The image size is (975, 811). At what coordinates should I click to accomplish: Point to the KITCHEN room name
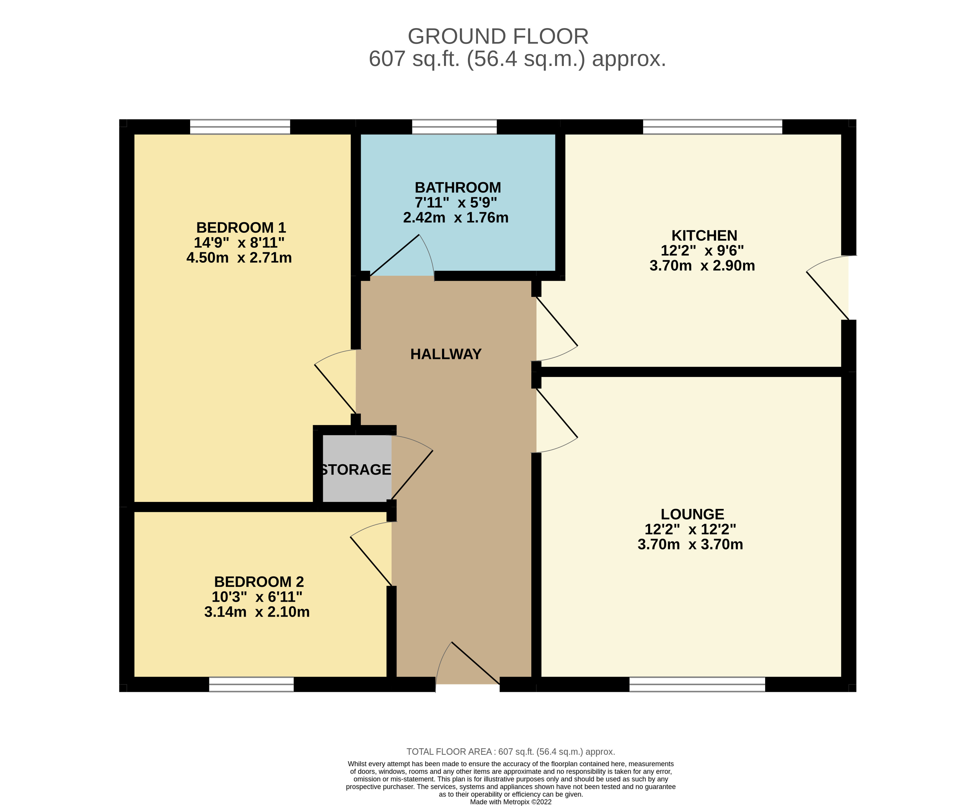pyautogui.click(x=704, y=235)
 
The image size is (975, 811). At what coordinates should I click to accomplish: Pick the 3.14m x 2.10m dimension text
pyautogui.click(x=257, y=612)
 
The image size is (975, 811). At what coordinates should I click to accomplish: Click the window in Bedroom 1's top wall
pyautogui.click(x=240, y=127)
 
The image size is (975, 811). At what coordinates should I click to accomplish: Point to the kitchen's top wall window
pyautogui.click(x=712, y=127)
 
